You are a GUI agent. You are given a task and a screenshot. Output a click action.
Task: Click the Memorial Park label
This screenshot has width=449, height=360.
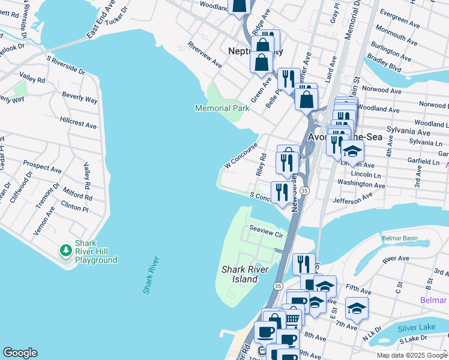(x=222, y=109)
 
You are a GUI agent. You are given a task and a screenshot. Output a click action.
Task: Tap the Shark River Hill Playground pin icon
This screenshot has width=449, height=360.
(x=65, y=250)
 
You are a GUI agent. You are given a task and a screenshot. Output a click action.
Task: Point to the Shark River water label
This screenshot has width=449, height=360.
(x=151, y=275)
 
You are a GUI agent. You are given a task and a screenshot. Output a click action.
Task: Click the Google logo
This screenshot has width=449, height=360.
(x=20, y=353)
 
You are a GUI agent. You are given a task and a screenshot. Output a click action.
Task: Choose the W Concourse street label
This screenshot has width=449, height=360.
(x=241, y=155)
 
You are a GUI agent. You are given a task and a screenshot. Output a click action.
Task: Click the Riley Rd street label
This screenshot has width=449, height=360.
(x=261, y=163)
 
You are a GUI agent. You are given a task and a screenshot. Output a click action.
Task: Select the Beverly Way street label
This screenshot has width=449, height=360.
(x=80, y=97)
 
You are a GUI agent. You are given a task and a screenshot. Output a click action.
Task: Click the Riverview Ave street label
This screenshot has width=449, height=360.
(x=204, y=55)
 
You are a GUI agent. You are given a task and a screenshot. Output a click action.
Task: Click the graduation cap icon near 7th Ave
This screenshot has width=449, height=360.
(x=357, y=308)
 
